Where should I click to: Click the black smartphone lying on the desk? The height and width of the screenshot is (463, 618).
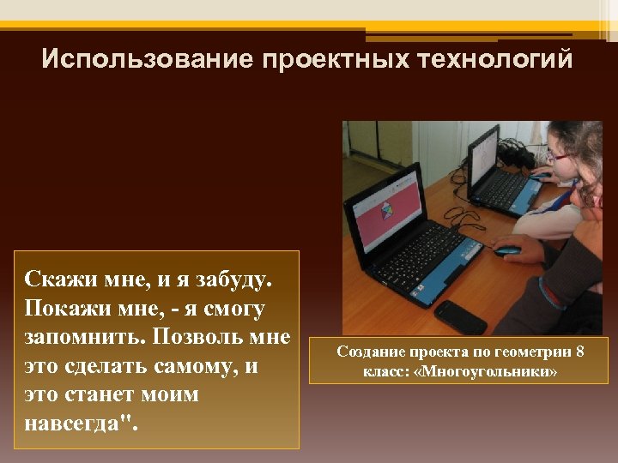pos(460,316)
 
